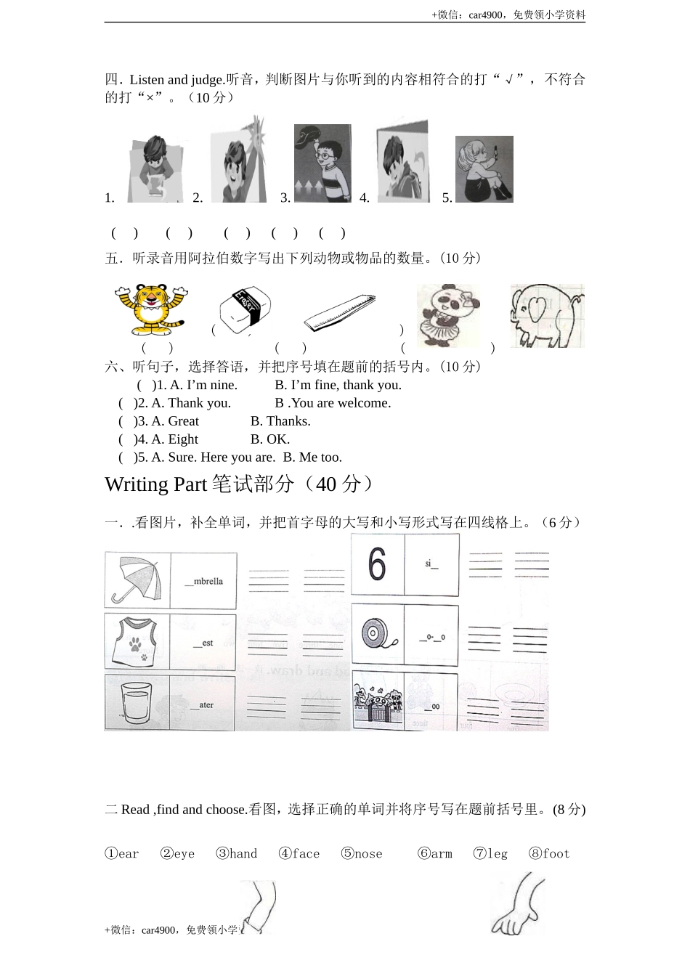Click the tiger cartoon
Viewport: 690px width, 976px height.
click(150, 308)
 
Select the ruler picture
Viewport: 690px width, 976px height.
click(339, 313)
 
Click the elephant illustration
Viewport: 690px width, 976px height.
click(546, 315)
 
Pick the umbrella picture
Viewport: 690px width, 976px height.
click(137, 580)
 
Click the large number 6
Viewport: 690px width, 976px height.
click(377, 564)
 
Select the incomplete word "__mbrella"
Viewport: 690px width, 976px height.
click(203, 581)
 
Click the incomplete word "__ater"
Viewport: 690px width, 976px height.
click(202, 704)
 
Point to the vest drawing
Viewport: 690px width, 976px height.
click(137, 641)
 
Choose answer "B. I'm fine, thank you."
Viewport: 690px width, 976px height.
click(338, 385)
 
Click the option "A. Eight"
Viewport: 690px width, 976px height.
click(174, 439)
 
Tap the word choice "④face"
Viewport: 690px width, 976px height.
click(299, 853)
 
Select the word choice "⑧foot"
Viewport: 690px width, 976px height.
click(549, 853)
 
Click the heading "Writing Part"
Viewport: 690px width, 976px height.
click(155, 484)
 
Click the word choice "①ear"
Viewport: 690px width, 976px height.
click(122, 853)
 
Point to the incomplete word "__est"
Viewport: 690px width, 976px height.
click(203, 643)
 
